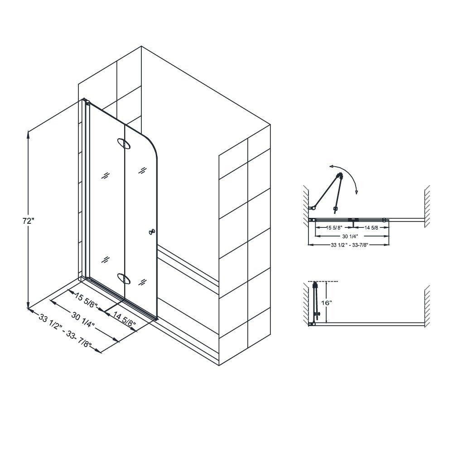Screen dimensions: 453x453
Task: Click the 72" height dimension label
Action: [x=28, y=222]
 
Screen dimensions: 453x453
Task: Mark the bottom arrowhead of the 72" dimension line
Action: [x=29, y=306]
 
